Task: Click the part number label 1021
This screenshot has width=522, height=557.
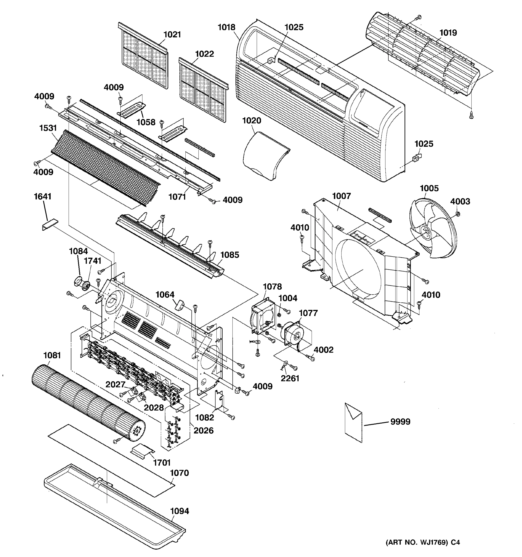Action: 172,35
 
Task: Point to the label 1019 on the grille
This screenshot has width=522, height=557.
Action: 448,33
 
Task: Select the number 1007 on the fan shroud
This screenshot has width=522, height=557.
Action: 341,196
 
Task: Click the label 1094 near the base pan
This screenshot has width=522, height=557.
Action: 180,511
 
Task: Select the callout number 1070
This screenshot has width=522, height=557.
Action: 180,473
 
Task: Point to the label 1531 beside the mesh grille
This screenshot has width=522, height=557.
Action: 48,128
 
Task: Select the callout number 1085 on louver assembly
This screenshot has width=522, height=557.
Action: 230,255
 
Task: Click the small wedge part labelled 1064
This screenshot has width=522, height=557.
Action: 180,305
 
